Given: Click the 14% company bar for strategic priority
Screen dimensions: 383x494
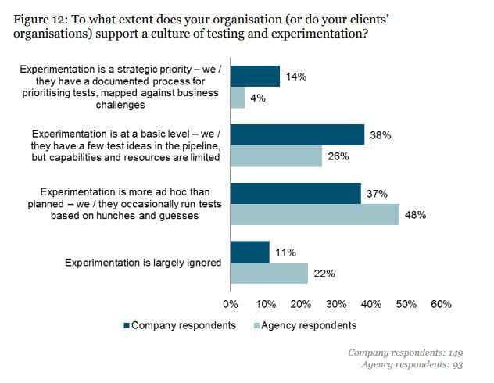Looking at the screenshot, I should point(256,76).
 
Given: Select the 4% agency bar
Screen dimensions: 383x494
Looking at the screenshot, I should point(238,98).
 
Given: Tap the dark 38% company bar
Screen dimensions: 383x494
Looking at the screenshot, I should point(298,134).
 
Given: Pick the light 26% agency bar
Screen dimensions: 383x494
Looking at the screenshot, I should point(277,156).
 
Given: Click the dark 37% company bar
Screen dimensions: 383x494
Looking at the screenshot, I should point(296,193).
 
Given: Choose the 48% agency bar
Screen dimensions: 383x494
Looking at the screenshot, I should point(315,214).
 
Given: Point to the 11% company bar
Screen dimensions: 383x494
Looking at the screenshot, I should point(250,252).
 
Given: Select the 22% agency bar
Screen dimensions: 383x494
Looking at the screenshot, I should point(270,273).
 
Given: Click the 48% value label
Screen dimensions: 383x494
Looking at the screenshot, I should point(415,215).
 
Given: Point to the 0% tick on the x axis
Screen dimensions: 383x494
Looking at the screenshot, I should point(231,304).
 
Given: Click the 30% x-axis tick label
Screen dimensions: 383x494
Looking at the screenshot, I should point(336,304).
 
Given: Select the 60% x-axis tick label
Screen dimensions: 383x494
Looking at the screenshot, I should point(442,304).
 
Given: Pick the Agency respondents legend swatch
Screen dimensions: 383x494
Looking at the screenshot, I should point(255,325).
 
